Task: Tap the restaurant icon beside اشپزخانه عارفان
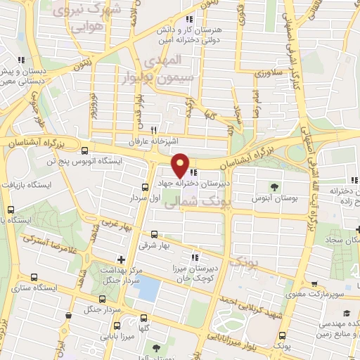[x=154, y=130]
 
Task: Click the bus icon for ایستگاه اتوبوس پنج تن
[x=85, y=150]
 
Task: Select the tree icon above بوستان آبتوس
[x=276, y=186]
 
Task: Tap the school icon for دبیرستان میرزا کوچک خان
[x=195, y=257]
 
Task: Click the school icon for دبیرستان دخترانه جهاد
[x=193, y=174]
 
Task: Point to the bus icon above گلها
[x=145, y=318]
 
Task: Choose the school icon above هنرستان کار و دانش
[x=188, y=20]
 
